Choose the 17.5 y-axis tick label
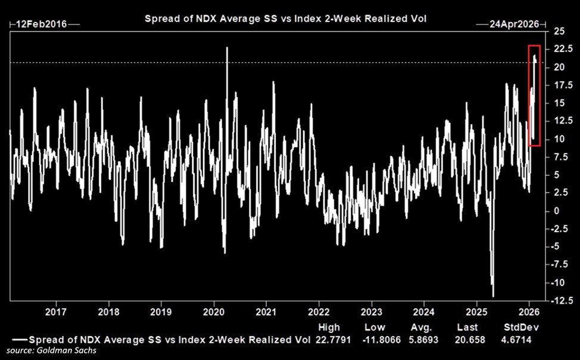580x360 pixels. click(560, 86)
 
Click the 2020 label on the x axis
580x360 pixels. click(213, 311)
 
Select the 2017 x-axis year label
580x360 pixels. click(55, 311)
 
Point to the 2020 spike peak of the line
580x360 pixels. click(227, 48)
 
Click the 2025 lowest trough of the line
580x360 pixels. click(493, 295)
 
